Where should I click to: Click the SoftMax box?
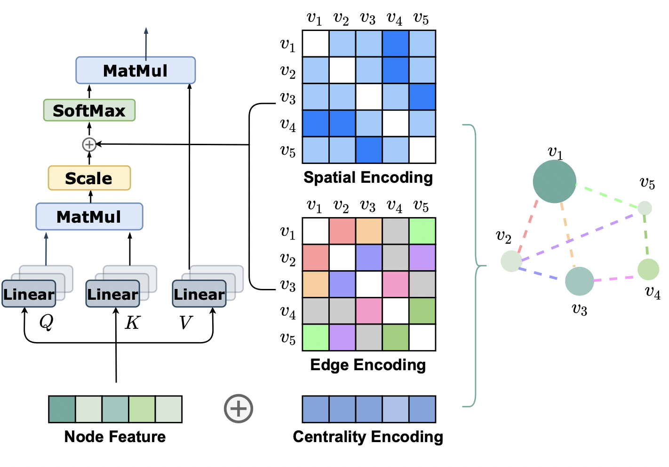[x=89, y=110]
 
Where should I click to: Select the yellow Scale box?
[x=89, y=178]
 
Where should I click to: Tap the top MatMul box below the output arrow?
[x=135, y=70]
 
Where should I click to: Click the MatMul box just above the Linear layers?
[x=89, y=217]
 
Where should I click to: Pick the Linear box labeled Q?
[x=29, y=294]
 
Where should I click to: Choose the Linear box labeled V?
[x=199, y=294]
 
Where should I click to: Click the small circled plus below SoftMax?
[x=89, y=145]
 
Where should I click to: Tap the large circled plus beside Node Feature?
[x=239, y=409]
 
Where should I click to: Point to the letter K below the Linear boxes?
[x=132, y=322]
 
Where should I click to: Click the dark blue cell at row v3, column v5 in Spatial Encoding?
[x=422, y=97]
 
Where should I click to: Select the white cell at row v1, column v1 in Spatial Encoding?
[x=316, y=44]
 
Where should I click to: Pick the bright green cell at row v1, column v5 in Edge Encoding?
[x=422, y=231]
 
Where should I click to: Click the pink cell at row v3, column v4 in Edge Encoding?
[x=396, y=284]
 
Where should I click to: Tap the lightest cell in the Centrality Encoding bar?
[x=396, y=409]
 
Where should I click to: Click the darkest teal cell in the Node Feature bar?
[x=62, y=409]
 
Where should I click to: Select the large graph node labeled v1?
[x=554, y=181]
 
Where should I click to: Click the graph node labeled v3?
[x=580, y=281]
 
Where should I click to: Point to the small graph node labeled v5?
[x=645, y=208]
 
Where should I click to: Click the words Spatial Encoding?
[x=368, y=178]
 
